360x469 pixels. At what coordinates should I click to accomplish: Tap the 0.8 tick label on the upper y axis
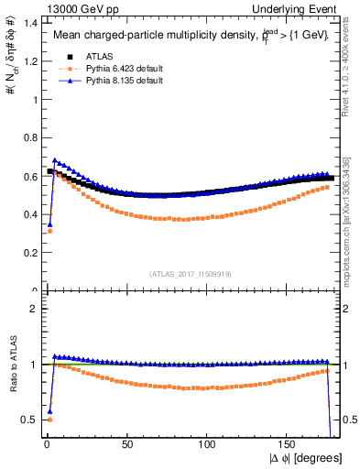pos(27,137)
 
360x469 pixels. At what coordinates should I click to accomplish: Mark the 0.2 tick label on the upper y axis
pos(27,253)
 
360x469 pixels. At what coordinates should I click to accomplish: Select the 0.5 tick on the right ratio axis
pos(349,420)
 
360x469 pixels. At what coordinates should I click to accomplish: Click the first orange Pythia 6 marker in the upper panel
pos(49,231)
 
